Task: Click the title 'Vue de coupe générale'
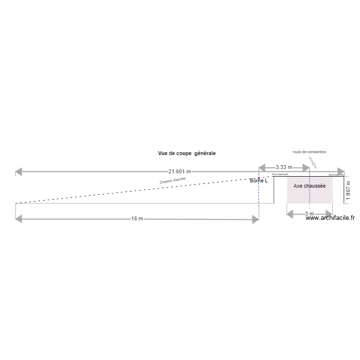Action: pyautogui.click(x=187, y=153)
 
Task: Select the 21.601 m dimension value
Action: pyautogui.click(x=179, y=171)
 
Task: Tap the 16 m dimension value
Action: pyautogui.click(x=137, y=219)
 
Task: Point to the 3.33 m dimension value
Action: pyautogui.click(x=284, y=167)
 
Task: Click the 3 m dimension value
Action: pyautogui.click(x=309, y=214)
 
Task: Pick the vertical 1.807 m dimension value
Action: pyautogui.click(x=348, y=190)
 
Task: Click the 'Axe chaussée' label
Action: pyautogui.click(x=310, y=186)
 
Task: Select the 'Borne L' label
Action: pyautogui.click(x=259, y=181)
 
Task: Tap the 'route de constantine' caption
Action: pyautogui.click(x=309, y=152)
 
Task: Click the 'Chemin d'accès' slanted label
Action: pyautogui.click(x=173, y=180)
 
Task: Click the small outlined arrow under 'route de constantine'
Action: pyautogui.click(x=313, y=162)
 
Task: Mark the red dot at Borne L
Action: pyautogui.click(x=259, y=178)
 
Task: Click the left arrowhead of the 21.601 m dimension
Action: pyautogui.click(x=19, y=171)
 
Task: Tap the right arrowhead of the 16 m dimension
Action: pyautogui.click(x=255, y=219)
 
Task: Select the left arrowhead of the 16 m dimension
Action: pyautogui.click(x=19, y=219)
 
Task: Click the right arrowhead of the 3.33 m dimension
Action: pyautogui.click(x=306, y=168)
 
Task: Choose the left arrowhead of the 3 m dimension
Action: pyautogui.click(x=290, y=214)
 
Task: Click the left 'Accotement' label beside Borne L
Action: pyautogui.click(x=280, y=174)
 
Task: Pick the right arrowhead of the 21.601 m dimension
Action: pyautogui.click(x=341, y=171)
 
